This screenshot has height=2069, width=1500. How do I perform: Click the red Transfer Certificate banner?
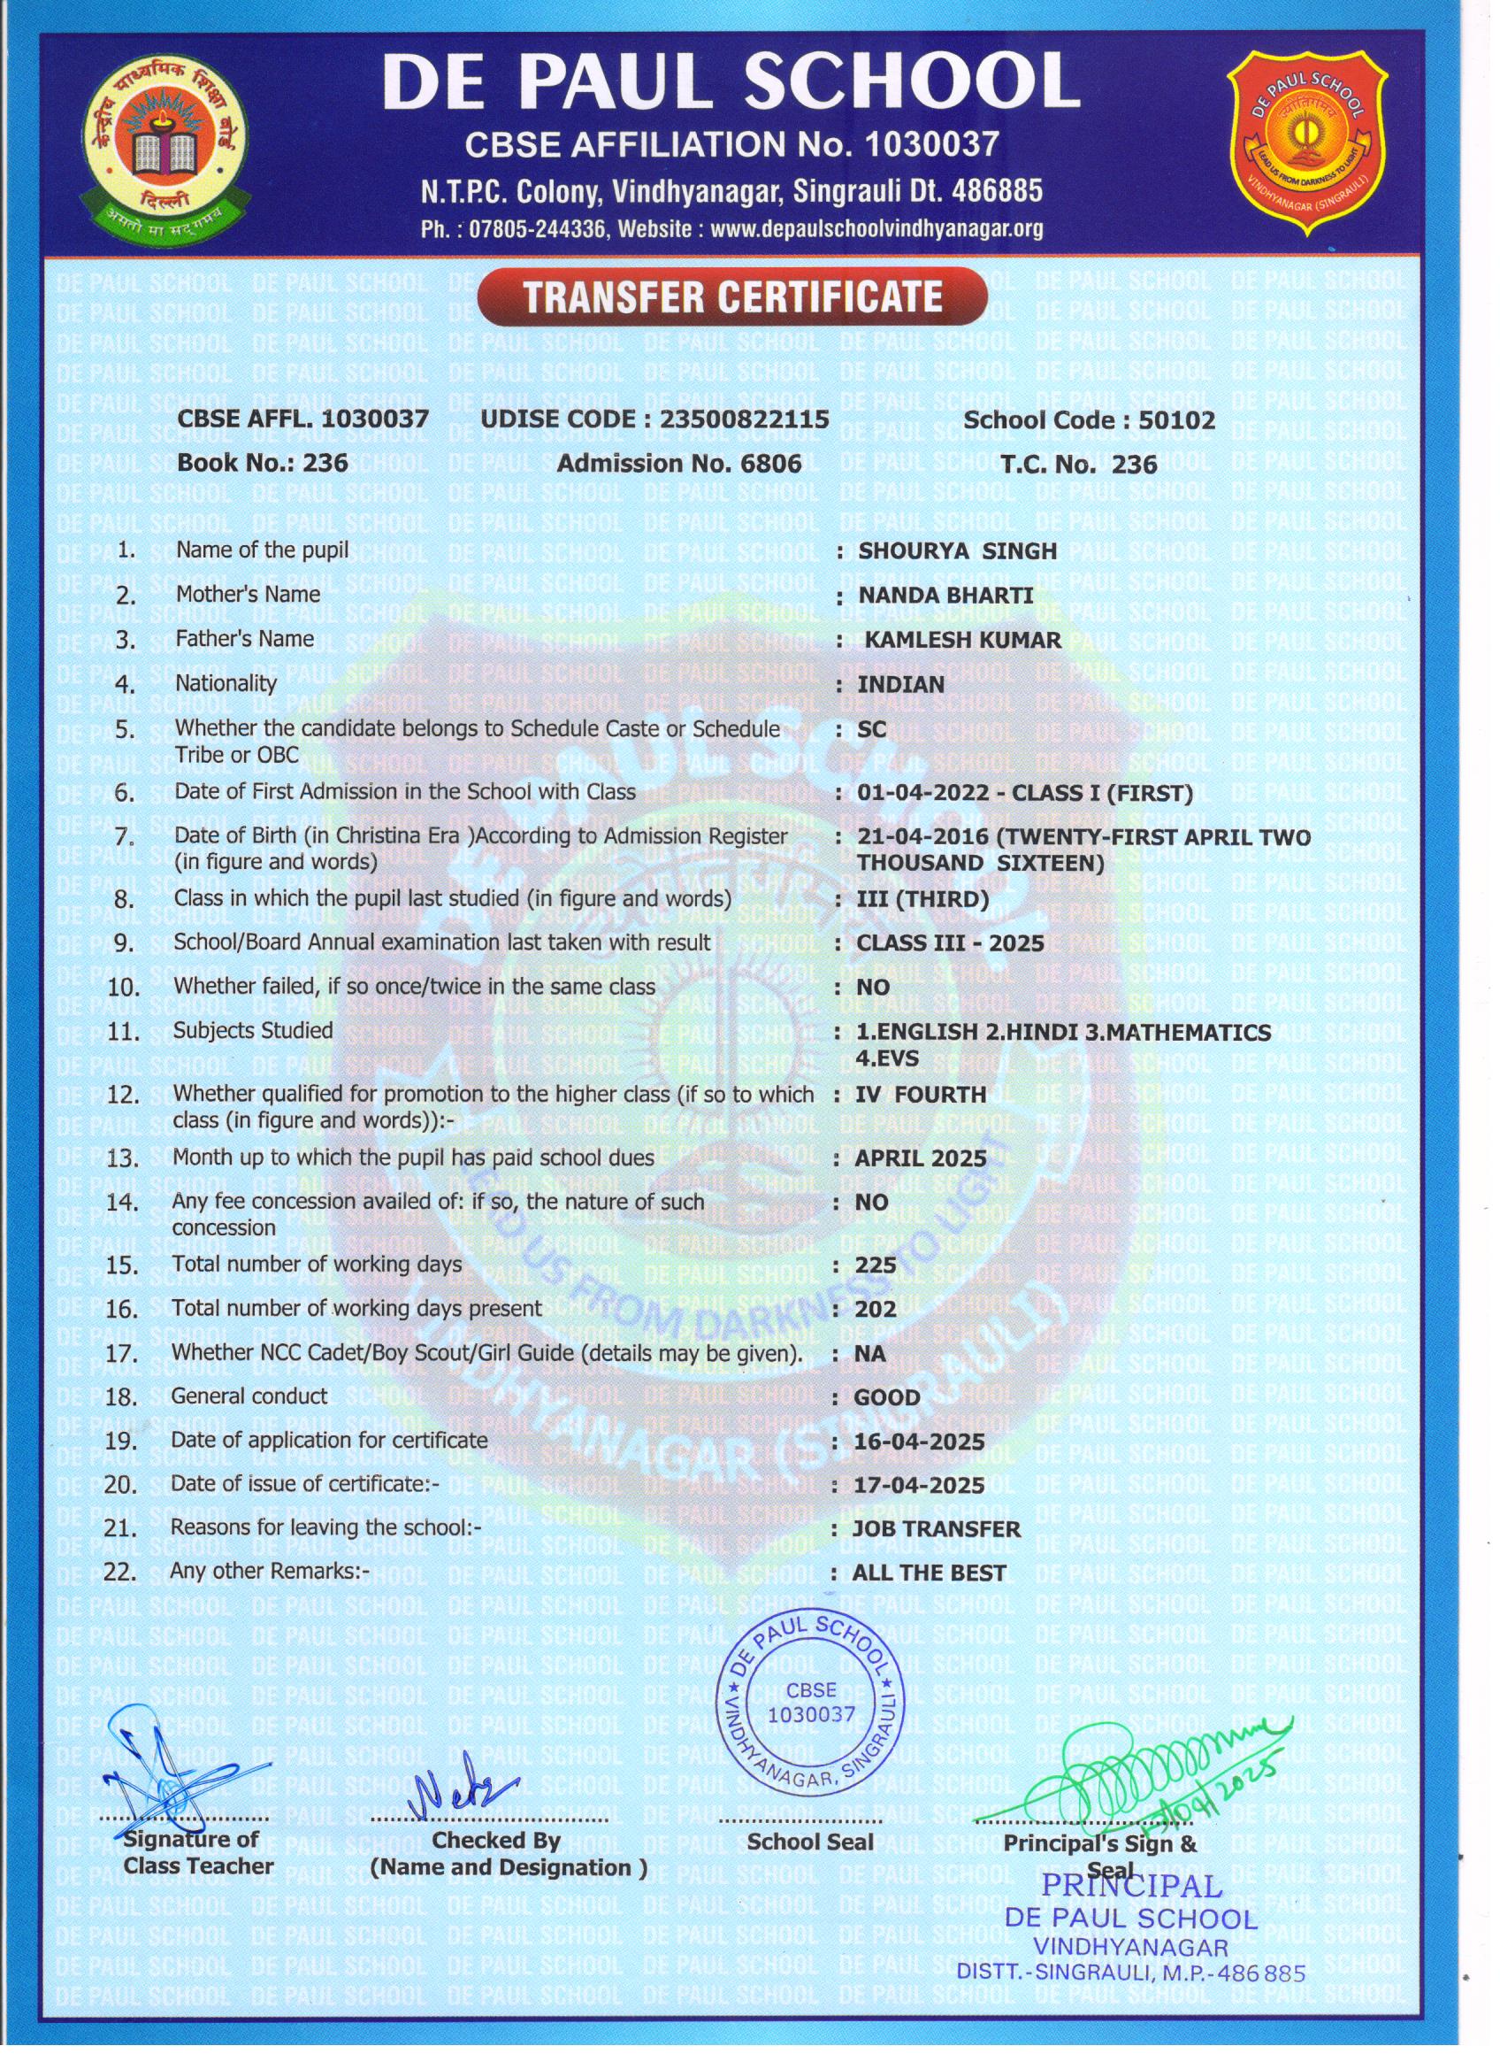tap(732, 297)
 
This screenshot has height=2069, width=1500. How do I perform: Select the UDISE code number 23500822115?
tap(744, 419)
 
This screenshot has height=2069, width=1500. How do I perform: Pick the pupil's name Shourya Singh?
tap(958, 551)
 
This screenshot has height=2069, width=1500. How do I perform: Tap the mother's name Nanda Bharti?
tap(945, 595)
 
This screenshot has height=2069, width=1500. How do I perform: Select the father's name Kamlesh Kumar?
tap(963, 640)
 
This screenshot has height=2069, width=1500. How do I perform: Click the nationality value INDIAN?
tap(901, 684)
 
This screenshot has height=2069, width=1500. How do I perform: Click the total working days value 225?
tap(876, 1265)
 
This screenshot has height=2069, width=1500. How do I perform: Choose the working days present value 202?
tap(876, 1309)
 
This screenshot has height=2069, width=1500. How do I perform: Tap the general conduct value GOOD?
tap(886, 1397)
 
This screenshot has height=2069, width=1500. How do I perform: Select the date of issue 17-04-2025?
tap(919, 1485)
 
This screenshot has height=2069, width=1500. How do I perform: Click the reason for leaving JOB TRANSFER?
tap(937, 1529)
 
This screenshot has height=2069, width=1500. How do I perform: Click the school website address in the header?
tap(876, 229)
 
